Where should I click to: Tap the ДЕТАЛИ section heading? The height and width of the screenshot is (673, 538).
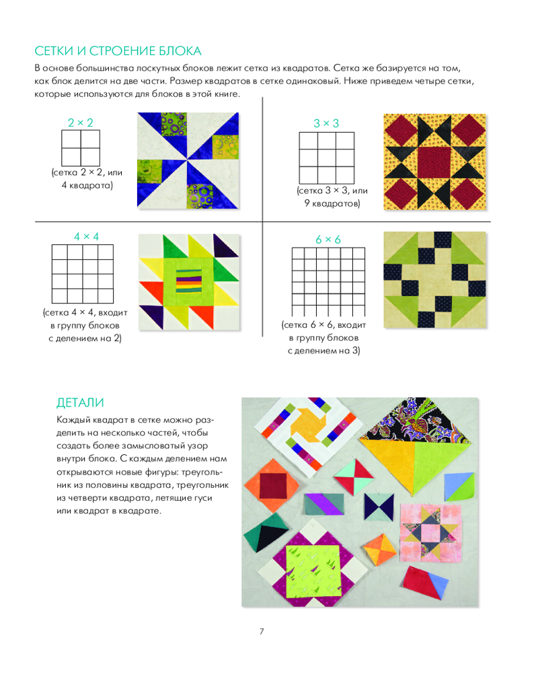coord(81,403)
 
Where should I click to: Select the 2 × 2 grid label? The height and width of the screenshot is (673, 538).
coord(80,122)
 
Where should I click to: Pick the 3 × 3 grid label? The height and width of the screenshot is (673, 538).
coord(326,123)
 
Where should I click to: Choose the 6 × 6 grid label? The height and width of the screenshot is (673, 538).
coord(328,240)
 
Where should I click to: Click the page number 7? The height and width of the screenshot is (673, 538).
coord(262,631)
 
